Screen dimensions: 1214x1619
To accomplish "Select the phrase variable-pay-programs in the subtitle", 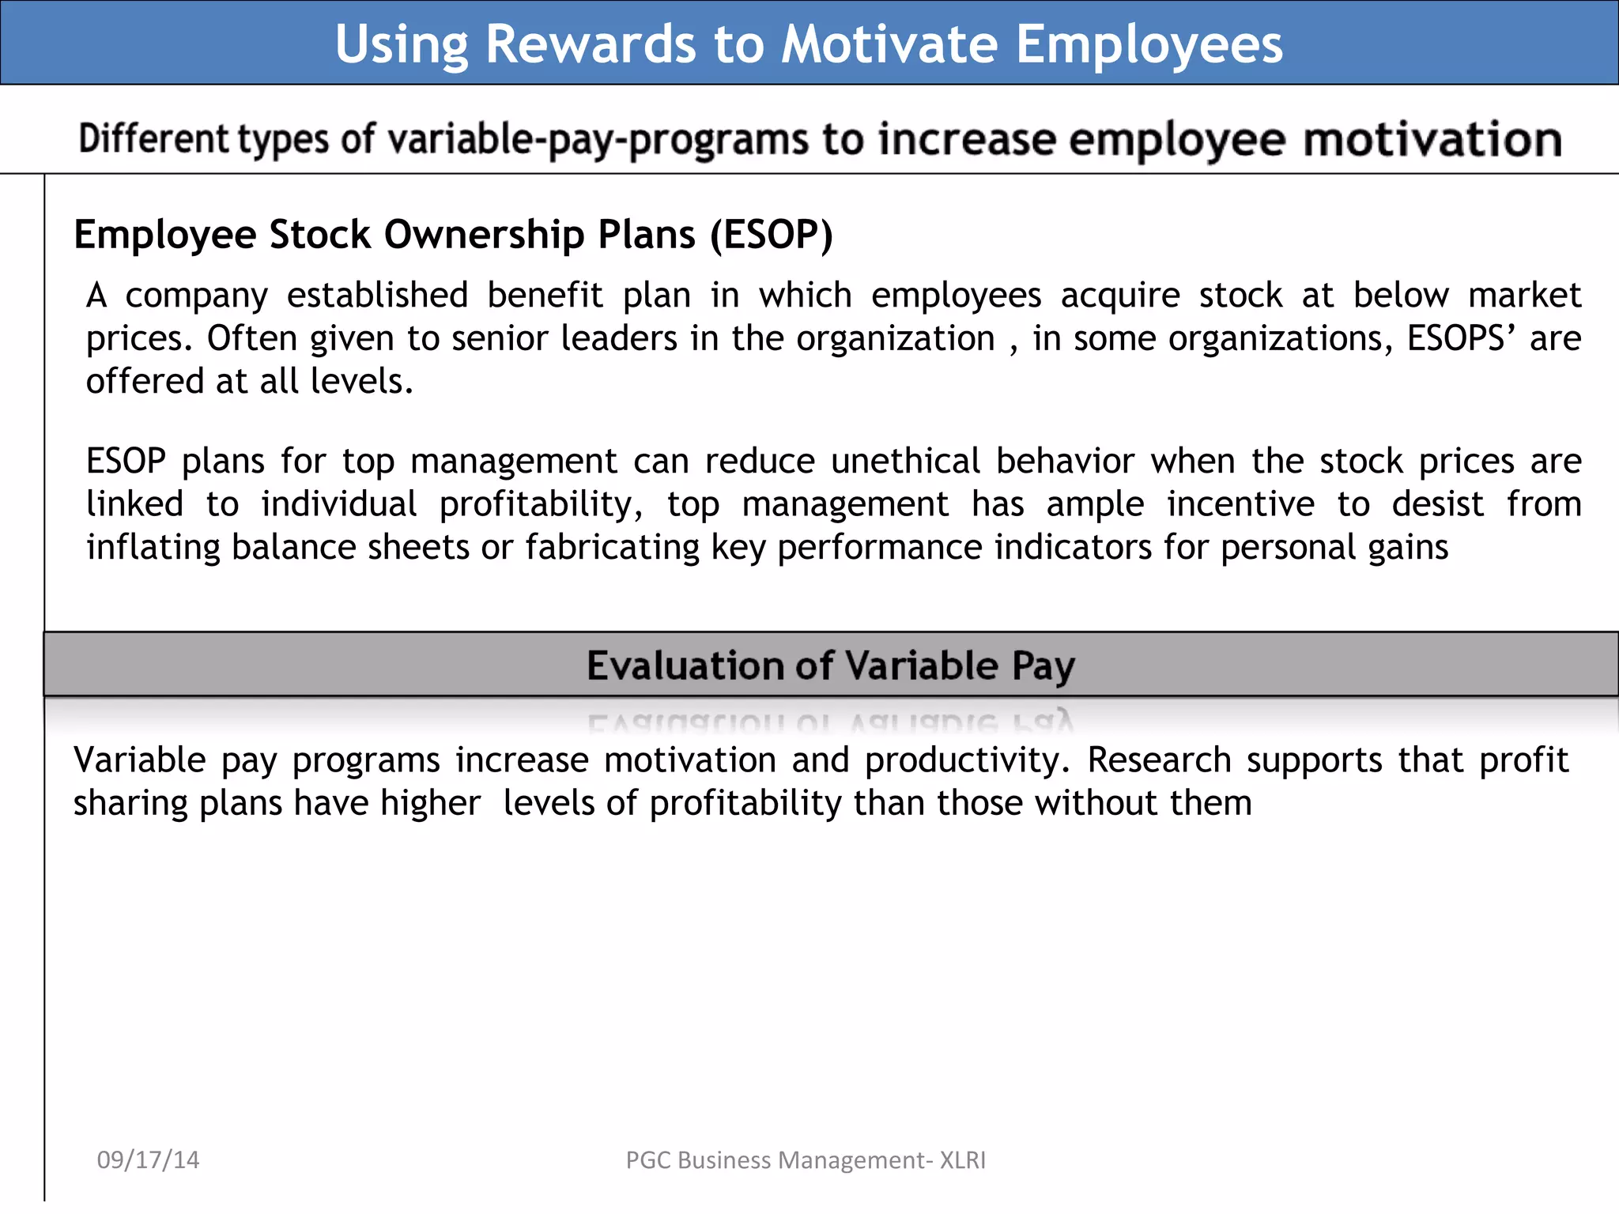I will pos(598,140).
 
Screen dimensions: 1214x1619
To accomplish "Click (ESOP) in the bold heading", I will pos(771,235).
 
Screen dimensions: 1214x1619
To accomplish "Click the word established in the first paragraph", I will pos(377,296).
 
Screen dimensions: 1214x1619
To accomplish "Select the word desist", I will pos(1437,504).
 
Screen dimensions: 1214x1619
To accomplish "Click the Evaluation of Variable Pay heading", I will pos(830,665).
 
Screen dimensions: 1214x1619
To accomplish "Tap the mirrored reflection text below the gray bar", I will pos(830,722).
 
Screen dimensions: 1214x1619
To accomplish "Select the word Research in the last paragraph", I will pos(1158,760).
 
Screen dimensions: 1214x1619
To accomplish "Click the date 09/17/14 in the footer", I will pos(148,1159).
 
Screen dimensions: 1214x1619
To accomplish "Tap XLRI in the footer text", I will pos(962,1159).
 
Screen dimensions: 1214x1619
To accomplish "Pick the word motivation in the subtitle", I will pos(1432,140).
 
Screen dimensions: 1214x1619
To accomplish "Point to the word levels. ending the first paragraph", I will pos(361,382).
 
